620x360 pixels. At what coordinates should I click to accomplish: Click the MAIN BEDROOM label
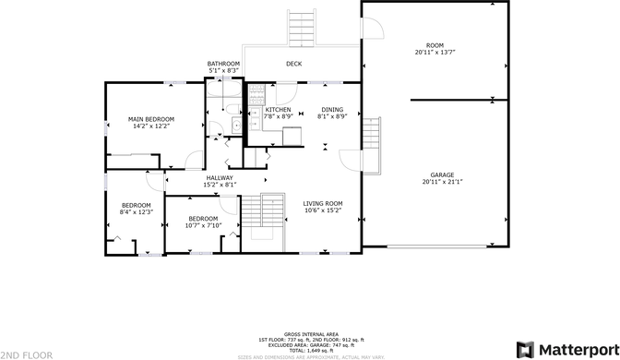(150, 119)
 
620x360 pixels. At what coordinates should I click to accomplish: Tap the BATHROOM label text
(223, 64)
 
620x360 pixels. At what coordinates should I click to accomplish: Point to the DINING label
(331, 110)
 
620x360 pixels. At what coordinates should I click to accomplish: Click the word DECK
(293, 64)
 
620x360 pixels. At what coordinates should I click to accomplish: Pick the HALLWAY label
(220, 178)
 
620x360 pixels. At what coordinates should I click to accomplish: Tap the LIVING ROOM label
(323, 203)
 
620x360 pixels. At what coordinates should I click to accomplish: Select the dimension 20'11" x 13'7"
(435, 52)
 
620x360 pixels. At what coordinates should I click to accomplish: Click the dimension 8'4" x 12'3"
(137, 211)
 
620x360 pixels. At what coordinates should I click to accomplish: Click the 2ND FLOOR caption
(21, 354)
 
